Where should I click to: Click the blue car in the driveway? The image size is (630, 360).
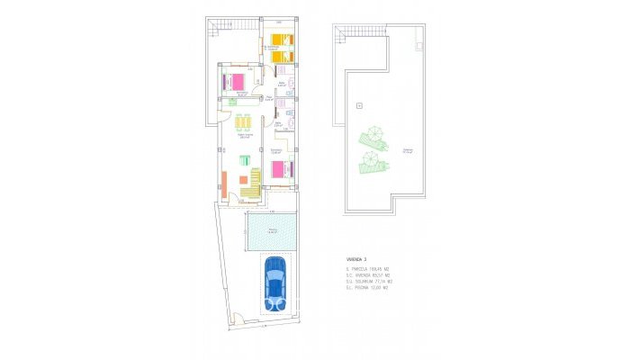coord(274,283)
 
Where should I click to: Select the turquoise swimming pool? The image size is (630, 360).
coord(272,233)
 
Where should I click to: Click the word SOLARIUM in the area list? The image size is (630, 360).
coord(363,282)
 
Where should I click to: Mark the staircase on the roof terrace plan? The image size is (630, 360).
coord(339,36)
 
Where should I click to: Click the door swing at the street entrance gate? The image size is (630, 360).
coord(238,317)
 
